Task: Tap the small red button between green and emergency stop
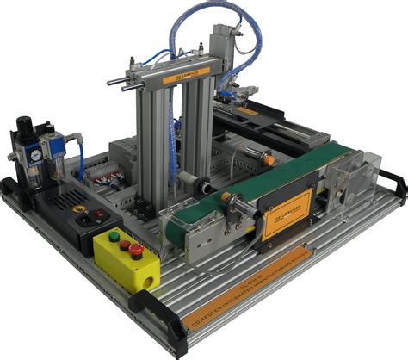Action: tap(125, 244)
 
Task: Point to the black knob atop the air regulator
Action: tap(22, 122)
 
